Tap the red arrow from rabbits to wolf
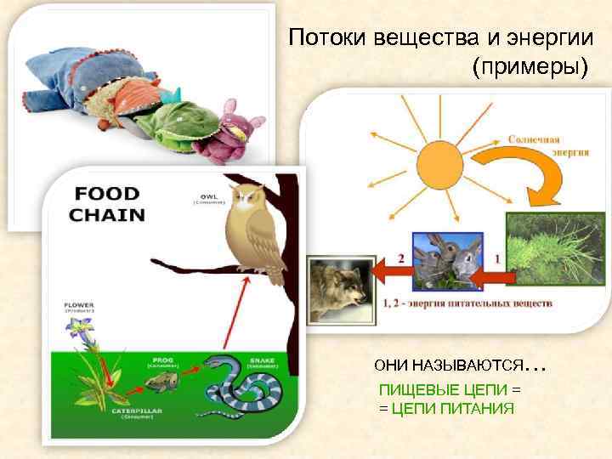click(390, 273)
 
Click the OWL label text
click(207, 196)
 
